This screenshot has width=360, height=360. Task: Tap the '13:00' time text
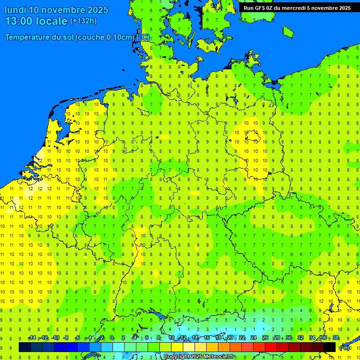(18, 21)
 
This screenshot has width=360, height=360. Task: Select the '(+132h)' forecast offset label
(83, 21)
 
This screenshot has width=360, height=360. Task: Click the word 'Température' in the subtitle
(29, 37)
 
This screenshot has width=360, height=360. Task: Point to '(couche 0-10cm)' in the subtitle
(105, 37)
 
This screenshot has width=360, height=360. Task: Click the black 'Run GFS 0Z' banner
(297, 7)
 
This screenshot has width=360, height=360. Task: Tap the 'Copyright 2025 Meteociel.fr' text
(200, 356)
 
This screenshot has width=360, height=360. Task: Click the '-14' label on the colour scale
(32, 338)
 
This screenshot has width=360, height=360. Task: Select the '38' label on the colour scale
(336, 338)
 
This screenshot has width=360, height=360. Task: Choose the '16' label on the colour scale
(207, 338)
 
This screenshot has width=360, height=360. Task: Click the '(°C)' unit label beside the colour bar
(345, 348)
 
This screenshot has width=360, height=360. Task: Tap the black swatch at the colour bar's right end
(330, 347)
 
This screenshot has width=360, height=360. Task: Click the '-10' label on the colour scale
(55, 338)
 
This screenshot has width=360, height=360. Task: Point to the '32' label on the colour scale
(300, 338)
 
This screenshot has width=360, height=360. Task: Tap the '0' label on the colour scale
(112, 338)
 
